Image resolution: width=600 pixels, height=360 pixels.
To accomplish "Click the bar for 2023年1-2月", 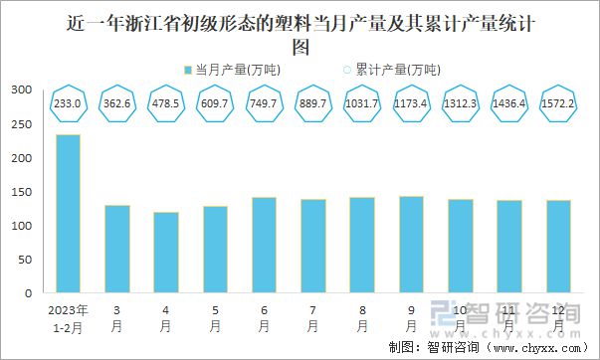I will (x=69, y=214).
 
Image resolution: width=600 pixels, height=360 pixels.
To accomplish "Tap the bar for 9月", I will (x=410, y=245).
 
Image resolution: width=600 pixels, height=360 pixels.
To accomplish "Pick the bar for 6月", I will (x=264, y=245).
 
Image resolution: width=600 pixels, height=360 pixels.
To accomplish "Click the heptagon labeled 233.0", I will (x=69, y=103).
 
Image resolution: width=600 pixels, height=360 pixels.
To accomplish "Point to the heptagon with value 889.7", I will (x=312, y=103).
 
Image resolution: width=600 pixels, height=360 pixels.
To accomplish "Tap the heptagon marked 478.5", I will (x=166, y=103).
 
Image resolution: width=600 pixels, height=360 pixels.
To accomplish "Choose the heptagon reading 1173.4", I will (x=410, y=103).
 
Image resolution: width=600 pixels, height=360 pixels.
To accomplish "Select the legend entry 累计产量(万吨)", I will (x=391, y=70).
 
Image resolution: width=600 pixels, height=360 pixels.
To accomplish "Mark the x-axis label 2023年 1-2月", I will (x=69, y=317).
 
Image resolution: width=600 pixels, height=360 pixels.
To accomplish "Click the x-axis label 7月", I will (x=312, y=317).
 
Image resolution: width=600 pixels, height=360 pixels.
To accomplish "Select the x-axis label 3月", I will (x=117, y=317).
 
